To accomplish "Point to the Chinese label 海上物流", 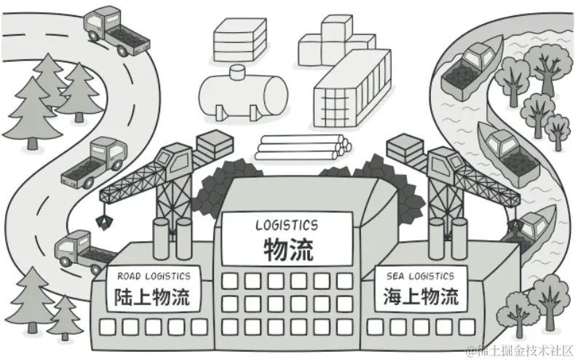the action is tap(420, 297).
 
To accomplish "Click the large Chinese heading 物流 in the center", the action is tap(288, 250).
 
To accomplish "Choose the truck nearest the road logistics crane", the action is tap(80, 248).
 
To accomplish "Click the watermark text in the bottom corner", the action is tap(521, 351).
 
